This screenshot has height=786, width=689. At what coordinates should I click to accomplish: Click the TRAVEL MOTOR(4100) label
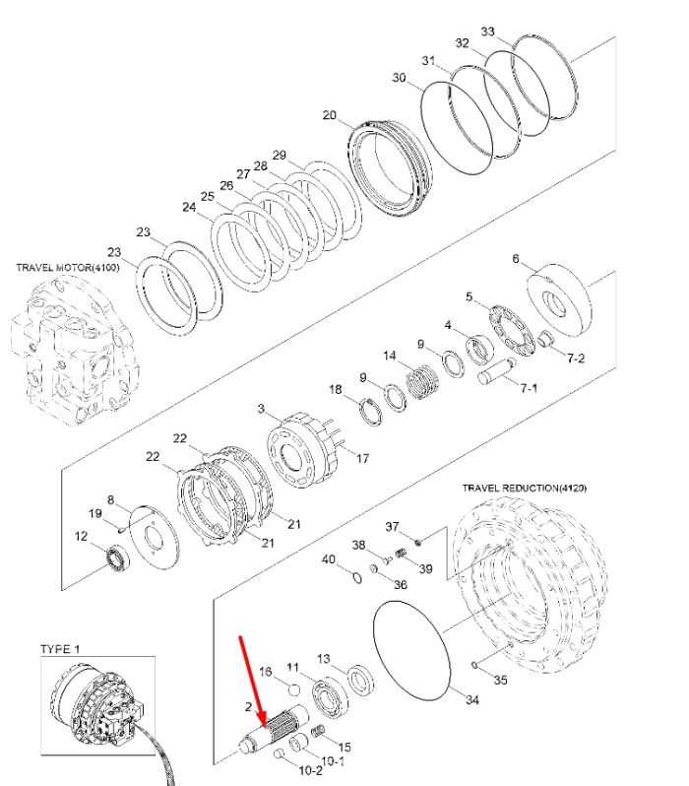pos(68,267)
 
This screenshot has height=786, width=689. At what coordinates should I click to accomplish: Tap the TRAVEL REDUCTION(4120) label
pos(525,488)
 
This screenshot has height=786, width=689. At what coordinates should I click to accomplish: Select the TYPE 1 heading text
pos(60,649)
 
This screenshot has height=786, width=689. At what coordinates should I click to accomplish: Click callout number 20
pos(329,115)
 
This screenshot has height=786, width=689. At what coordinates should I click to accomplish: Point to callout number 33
pos(487,32)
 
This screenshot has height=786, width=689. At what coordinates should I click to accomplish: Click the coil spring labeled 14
pos(424,381)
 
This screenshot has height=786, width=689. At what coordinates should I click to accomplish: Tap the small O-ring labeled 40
pos(356,577)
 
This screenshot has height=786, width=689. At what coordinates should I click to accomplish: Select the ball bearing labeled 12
pos(118,557)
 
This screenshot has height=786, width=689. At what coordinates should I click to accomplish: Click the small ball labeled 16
pos(294,689)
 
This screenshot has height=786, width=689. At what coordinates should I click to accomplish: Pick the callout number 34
pos(472,699)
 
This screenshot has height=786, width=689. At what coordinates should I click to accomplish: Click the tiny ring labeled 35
pos(474,665)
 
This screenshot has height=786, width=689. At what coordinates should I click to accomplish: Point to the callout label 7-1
pos(529,388)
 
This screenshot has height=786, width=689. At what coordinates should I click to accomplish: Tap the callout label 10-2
pos(310,769)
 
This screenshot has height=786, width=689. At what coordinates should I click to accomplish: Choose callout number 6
pos(516,259)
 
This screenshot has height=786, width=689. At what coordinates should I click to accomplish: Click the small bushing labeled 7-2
pos(545,339)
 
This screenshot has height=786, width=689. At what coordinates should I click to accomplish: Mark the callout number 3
pos(261,409)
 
